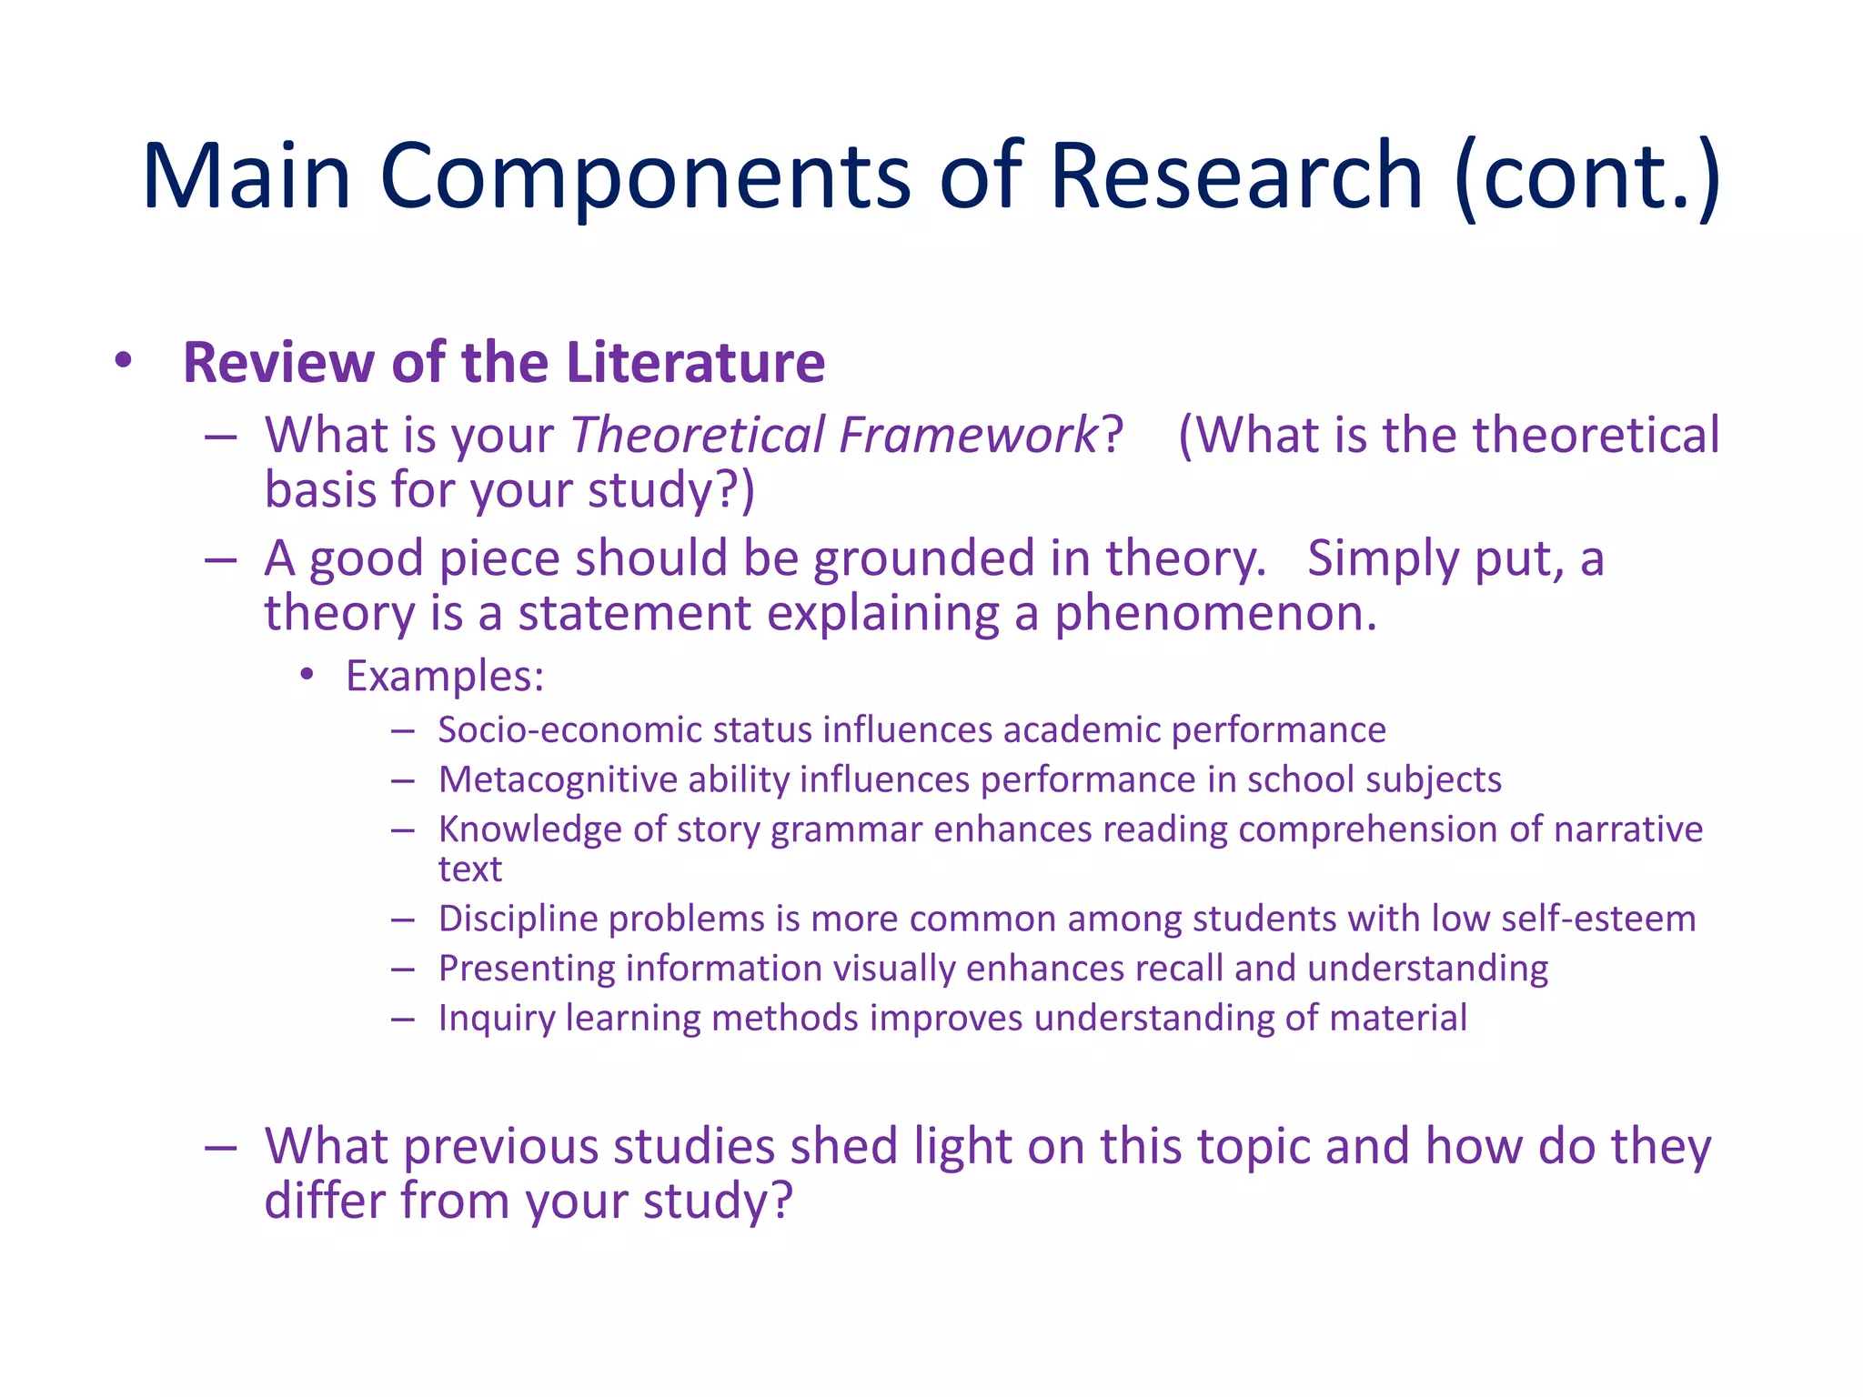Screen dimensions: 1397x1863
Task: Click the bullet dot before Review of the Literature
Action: click(124, 361)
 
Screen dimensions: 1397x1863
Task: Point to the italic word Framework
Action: click(969, 435)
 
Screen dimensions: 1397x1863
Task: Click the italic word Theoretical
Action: click(698, 435)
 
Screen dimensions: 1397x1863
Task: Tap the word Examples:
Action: click(445, 677)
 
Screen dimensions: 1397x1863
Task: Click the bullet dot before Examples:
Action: click(307, 675)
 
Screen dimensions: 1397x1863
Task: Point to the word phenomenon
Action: click(1215, 614)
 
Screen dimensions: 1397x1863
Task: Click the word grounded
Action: click(924, 558)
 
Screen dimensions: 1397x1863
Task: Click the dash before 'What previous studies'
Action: click(221, 1147)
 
